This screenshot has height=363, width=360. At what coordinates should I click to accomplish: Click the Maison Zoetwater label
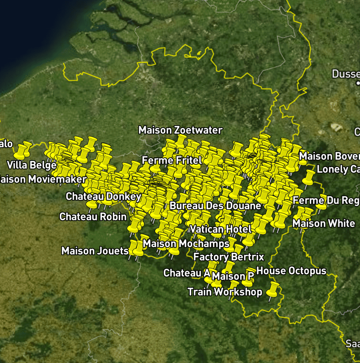[180, 130]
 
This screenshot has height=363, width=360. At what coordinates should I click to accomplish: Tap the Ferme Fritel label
[172, 160]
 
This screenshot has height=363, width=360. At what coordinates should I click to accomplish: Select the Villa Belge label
[32, 165]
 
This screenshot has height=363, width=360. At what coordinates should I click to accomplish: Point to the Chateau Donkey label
[104, 196]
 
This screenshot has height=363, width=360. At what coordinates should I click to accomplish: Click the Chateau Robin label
[93, 216]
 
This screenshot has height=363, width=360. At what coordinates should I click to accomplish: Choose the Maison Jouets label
[95, 251]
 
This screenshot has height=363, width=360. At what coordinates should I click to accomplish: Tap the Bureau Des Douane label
[215, 206]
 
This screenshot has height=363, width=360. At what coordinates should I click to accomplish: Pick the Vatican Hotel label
[221, 229]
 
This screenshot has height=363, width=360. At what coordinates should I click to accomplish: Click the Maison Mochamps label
[186, 244]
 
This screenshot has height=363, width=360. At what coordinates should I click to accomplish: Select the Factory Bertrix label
[228, 257]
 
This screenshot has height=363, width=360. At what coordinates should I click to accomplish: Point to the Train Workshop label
[225, 292]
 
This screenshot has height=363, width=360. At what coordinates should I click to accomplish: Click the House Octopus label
[291, 271]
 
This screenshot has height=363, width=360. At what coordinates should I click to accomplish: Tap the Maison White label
[324, 223]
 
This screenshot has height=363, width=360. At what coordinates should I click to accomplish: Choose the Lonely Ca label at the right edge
[338, 169]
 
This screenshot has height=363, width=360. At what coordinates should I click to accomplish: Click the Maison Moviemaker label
[43, 179]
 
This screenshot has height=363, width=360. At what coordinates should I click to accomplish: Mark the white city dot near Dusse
[358, 83]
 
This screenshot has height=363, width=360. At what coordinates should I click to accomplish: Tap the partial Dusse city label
[345, 74]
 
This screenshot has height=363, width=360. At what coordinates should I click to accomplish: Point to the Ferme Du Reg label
[326, 201]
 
